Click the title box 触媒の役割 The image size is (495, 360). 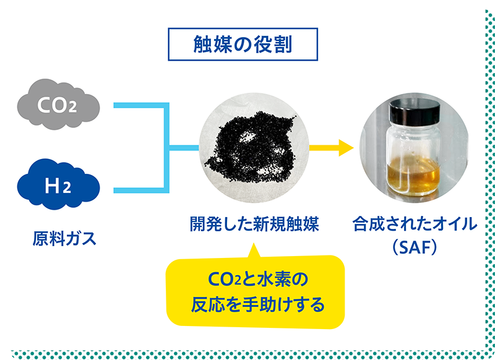click(x=243, y=45)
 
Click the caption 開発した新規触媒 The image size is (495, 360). click(x=254, y=224)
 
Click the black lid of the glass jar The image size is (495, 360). click(x=413, y=113)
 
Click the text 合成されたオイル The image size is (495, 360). click(x=415, y=224)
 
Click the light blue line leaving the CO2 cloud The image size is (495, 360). click(x=139, y=106)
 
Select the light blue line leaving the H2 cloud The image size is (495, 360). click(x=139, y=189)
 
